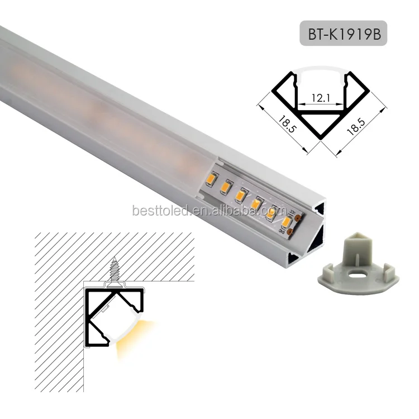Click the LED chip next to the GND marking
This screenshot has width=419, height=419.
click(x=287, y=223)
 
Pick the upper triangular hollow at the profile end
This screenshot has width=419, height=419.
click(x=320, y=209)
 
